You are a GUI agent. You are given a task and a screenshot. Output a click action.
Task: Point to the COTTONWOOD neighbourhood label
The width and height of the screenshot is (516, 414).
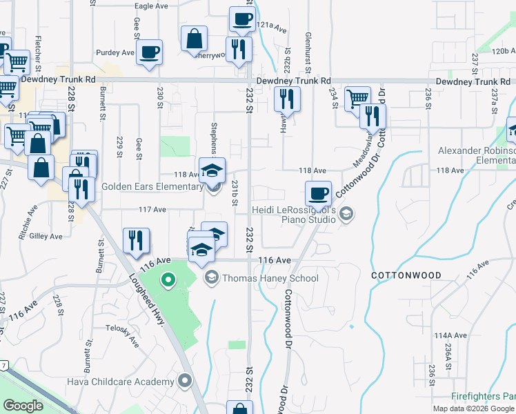pyautogui.click(x=406, y=275)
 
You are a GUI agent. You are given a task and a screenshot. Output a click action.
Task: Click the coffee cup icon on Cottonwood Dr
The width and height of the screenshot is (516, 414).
pyautogui.click(x=318, y=193)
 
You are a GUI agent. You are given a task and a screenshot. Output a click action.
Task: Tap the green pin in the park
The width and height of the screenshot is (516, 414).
pyautogui.click(x=166, y=280)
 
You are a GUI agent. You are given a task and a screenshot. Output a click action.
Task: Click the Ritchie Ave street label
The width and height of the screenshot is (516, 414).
pyautogui.click(x=32, y=224)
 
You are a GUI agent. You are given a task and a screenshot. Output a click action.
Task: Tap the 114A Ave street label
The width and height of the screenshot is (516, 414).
pyautogui.click(x=447, y=335)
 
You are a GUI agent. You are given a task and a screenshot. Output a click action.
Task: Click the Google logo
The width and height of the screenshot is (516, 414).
pyautogui.click(x=23, y=406)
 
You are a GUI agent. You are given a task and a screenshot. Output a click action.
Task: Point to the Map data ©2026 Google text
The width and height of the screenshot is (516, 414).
pyautogui.click(x=473, y=408)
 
